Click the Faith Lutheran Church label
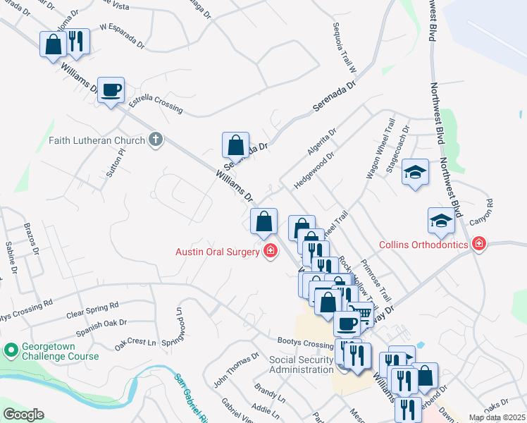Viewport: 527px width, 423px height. [97, 140]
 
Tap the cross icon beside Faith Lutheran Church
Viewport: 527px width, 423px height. [156, 140]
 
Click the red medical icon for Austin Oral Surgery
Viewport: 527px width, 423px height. [270, 252]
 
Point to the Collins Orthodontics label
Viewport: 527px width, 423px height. [423, 245]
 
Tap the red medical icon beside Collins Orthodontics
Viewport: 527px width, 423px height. [479, 244]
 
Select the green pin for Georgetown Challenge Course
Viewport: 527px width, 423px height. [11, 350]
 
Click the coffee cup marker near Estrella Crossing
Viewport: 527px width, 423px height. [111, 90]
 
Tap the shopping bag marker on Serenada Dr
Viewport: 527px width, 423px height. [236, 146]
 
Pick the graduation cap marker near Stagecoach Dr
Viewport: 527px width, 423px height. [416, 172]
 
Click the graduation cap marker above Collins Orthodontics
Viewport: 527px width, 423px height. [441, 221]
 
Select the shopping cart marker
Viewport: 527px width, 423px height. [361, 313]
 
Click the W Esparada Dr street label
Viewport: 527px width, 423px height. [121, 36]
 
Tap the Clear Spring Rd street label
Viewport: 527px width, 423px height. [92, 311]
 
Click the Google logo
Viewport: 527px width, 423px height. [23, 415]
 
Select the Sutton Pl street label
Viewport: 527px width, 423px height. [116, 163]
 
